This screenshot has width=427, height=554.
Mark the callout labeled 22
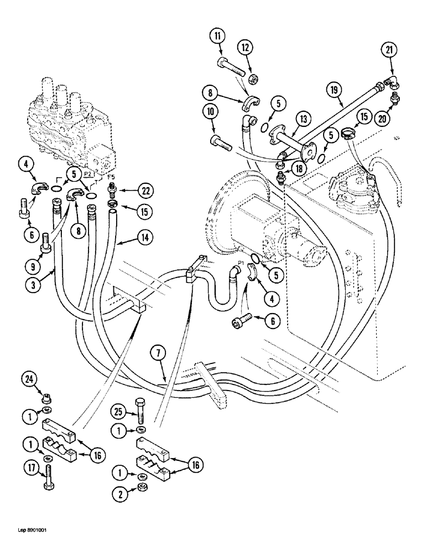point(145,191)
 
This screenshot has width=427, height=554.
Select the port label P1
point(241,264)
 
